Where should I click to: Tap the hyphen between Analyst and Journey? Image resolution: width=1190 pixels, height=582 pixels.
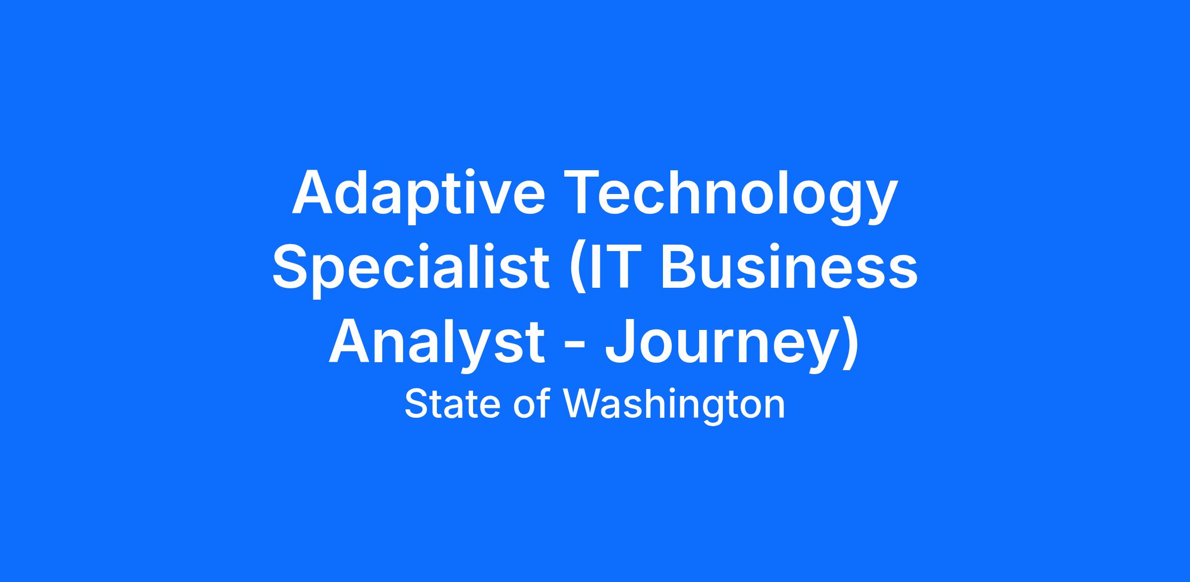tap(575, 347)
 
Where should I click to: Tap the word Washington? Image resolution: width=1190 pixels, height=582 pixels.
tap(674, 406)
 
